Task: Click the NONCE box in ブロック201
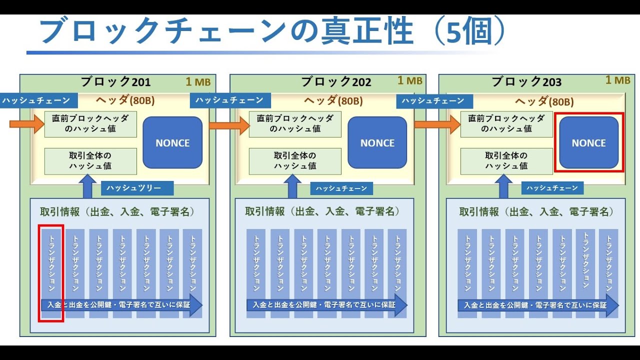(172, 142)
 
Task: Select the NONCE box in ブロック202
(377, 142)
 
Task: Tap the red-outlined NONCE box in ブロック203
(588, 142)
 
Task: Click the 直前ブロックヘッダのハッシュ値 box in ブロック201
(90, 124)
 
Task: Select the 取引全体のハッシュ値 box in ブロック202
(295, 161)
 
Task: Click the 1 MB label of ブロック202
(410, 80)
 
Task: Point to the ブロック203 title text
(526, 82)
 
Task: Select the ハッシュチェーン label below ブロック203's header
(553, 188)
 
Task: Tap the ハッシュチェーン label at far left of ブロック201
(35, 100)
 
